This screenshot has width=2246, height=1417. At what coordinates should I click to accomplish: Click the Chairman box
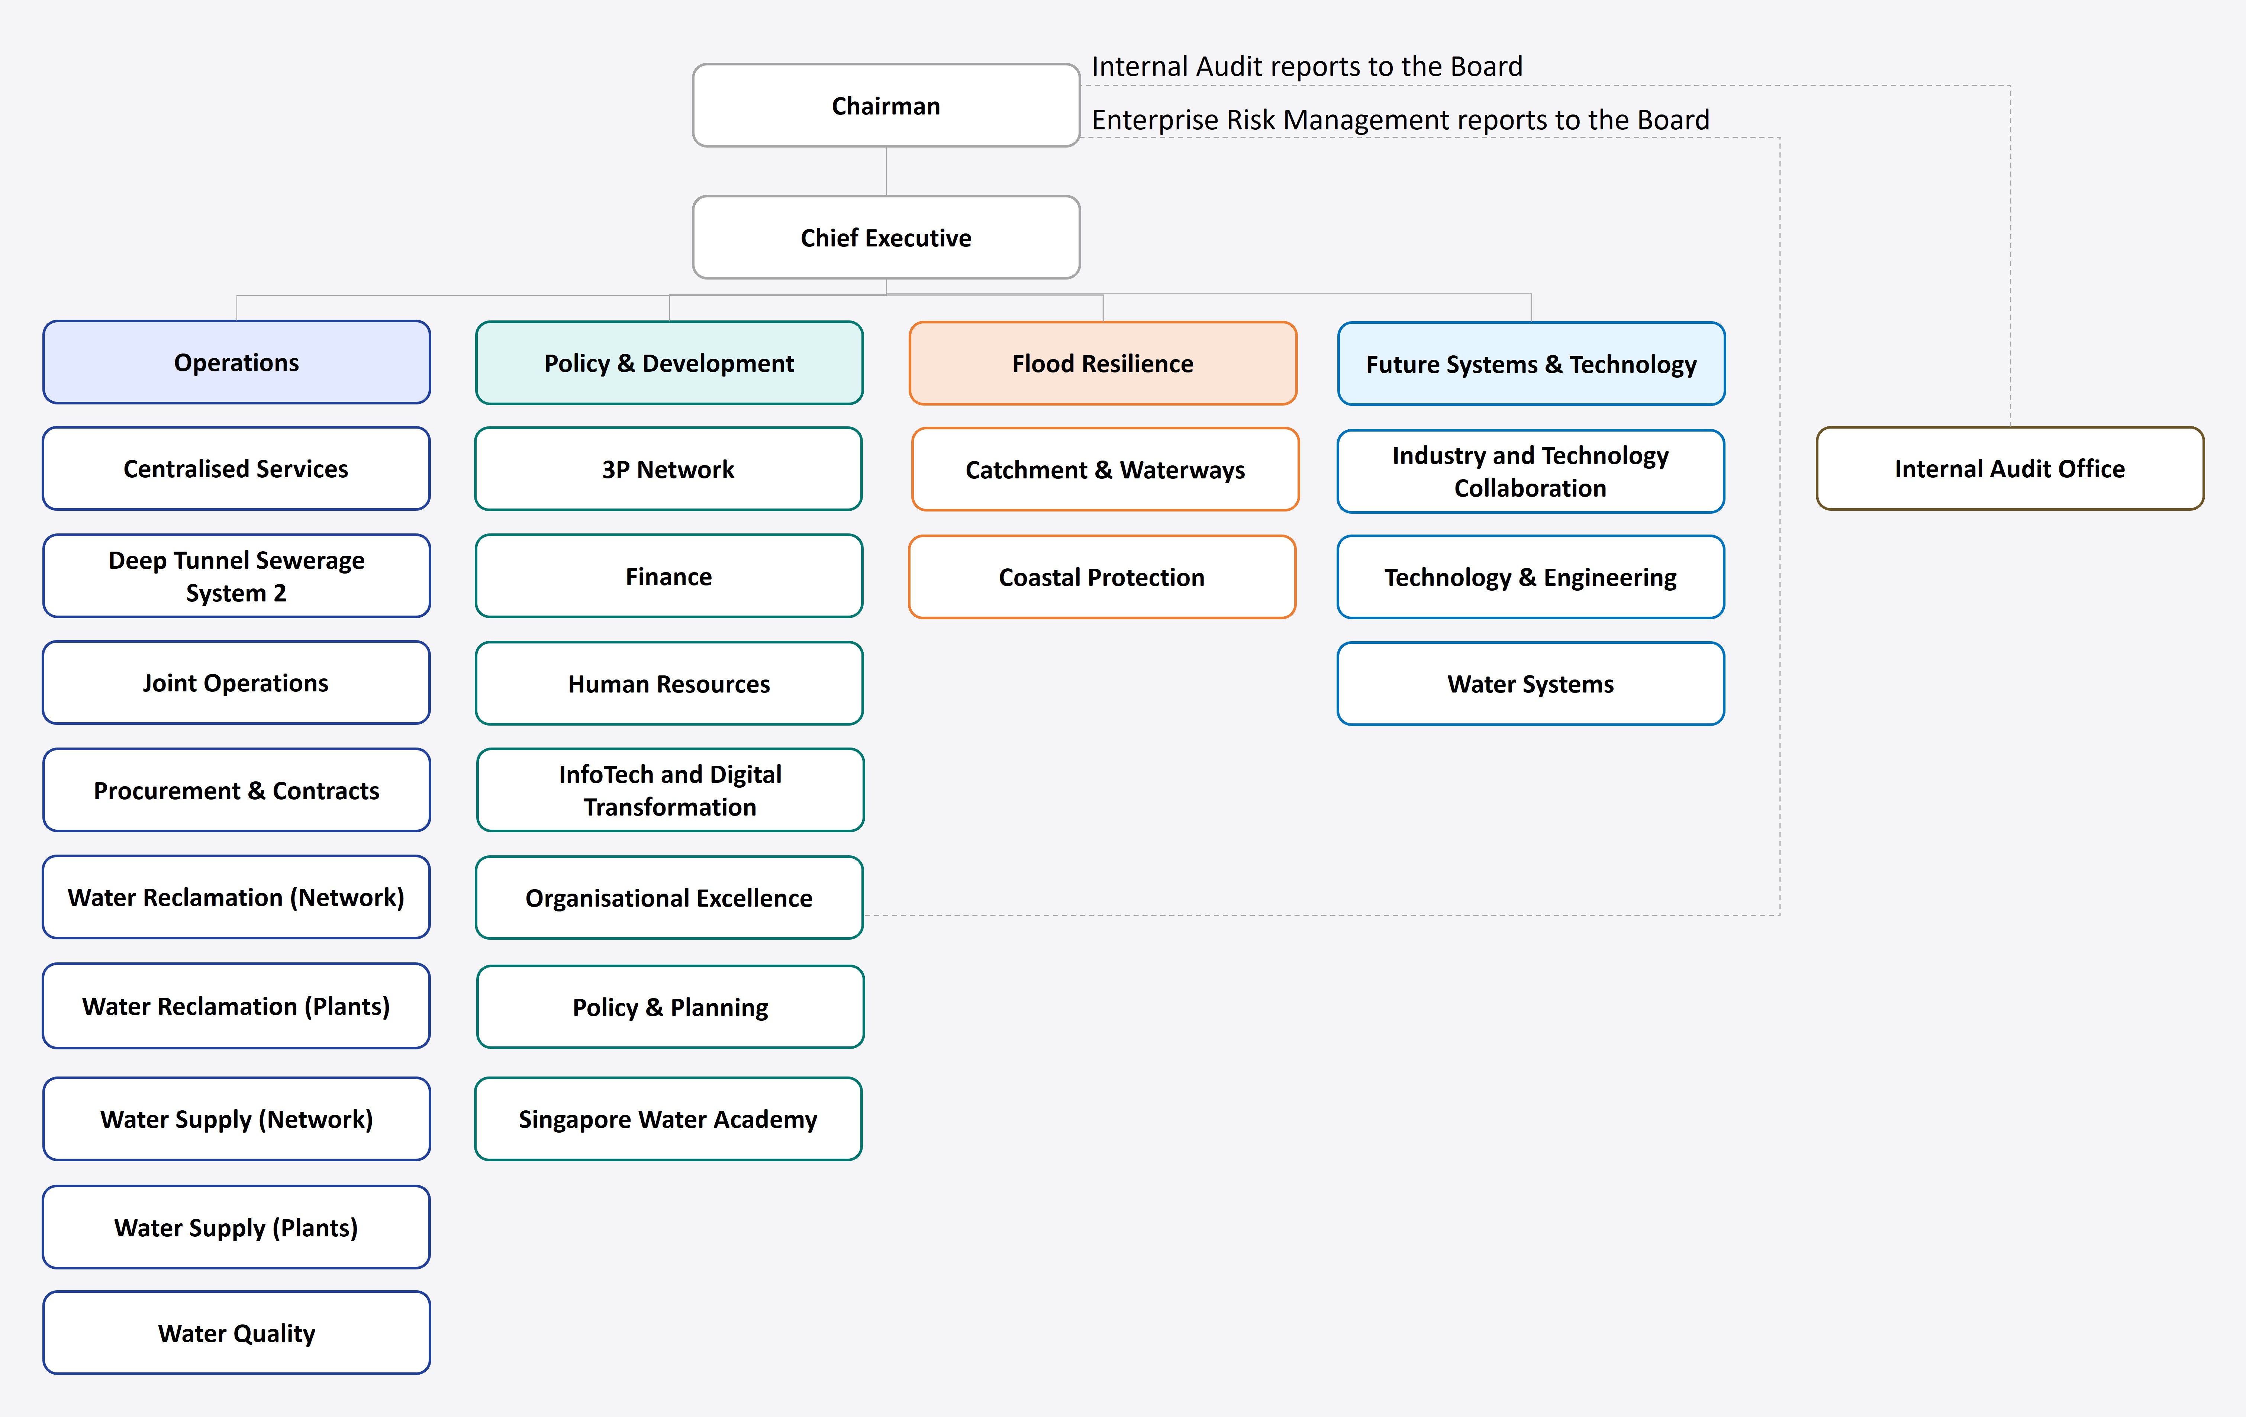click(x=885, y=106)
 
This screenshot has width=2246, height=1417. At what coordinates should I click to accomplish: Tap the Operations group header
click(x=236, y=362)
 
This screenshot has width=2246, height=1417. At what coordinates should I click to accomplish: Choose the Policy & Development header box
click(x=669, y=363)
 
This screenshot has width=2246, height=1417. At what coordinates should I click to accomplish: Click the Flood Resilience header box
click(x=1102, y=363)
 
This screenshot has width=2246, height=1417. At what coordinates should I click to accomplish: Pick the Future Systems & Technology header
click(x=1531, y=364)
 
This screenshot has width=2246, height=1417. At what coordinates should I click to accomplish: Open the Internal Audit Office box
click(x=2009, y=468)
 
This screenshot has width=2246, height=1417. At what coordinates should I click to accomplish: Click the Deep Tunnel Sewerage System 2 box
click(x=236, y=575)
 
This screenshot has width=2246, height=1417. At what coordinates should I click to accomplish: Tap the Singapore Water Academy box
click(x=668, y=1119)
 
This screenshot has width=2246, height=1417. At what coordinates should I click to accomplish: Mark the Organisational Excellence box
click(x=669, y=897)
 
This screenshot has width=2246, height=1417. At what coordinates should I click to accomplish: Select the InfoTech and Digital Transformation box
click(x=670, y=790)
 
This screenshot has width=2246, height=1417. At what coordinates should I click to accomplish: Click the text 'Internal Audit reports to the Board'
click(x=1306, y=66)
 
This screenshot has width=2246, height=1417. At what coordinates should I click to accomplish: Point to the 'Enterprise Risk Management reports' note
click(x=1399, y=119)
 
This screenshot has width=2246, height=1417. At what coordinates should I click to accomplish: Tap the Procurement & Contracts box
click(x=236, y=790)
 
